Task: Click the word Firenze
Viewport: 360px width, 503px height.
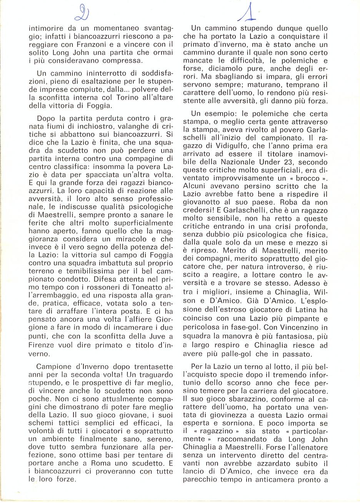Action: pos(42,345)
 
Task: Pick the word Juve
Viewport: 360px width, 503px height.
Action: pos(130,337)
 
